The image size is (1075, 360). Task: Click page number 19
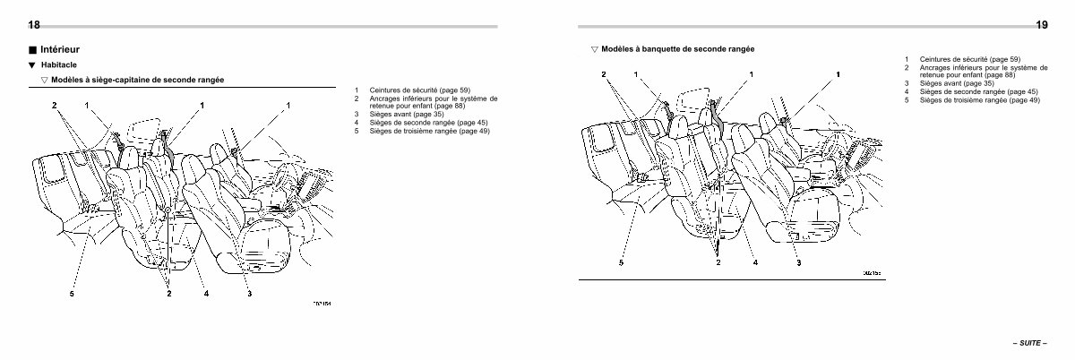(1042, 25)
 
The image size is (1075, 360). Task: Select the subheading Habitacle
(59, 65)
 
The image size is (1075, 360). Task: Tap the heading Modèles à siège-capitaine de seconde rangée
(137, 80)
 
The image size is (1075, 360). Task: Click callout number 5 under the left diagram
(72, 294)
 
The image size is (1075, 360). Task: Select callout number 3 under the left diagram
(249, 293)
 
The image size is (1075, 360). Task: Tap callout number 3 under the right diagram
(797, 262)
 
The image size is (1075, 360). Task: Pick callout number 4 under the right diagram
(755, 262)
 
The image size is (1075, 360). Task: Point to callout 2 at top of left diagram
(54, 106)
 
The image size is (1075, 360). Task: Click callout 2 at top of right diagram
(603, 74)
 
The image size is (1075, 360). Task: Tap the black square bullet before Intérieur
(33, 51)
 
